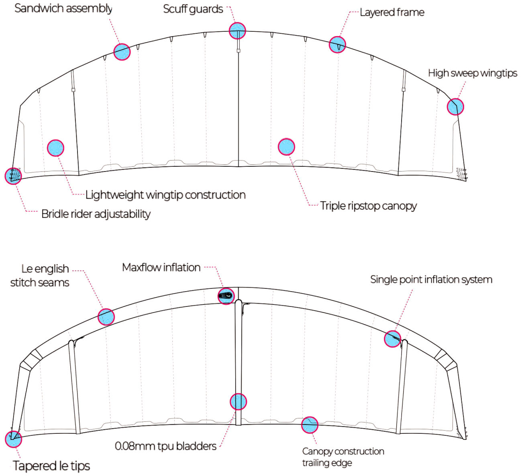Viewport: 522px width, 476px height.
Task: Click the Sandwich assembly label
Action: [63, 8]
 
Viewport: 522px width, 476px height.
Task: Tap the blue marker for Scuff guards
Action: [237, 31]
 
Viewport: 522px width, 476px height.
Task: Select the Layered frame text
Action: [392, 12]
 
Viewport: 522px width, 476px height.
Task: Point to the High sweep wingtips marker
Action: [455, 106]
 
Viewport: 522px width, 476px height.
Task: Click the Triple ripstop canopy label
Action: [368, 206]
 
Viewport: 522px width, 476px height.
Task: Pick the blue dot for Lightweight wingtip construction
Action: [56, 148]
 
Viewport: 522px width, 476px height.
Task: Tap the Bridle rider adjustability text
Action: [96, 214]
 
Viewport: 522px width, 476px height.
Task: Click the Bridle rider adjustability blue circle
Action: [13, 176]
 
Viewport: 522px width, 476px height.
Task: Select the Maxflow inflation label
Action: [161, 268]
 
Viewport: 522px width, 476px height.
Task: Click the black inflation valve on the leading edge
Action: [225, 296]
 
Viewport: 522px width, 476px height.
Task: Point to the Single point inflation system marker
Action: [392, 339]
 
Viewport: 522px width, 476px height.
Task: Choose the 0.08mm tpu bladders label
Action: [165, 446]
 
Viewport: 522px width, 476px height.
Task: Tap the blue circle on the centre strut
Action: [238, 401]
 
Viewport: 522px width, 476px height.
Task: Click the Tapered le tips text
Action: [51, 466]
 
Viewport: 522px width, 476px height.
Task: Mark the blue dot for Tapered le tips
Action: [13, 439]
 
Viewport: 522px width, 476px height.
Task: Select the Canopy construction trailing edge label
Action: [343, 457]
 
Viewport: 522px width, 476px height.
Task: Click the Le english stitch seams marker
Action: [106, 317]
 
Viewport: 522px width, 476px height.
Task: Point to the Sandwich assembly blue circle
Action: [122, 52]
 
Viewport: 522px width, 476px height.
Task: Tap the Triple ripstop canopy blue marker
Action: [286, 147]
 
